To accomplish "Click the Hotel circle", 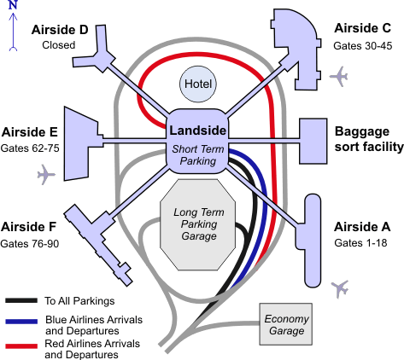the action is [x=198, y=84].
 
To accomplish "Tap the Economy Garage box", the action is [x=285, y=324].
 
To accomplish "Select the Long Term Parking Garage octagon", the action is [x=198, y=224].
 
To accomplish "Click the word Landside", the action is [x=198, y=131].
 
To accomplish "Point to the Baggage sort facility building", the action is [x=313, y=142].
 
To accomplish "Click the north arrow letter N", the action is [x=13, y=5].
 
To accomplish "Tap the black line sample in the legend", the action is [x=21, y=300].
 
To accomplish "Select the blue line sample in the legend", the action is [x=21, y=322].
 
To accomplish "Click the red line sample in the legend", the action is [x=21, y=345].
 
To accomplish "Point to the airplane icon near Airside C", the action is [x=339, y=76].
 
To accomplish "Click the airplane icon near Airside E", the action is [x=46, y=174].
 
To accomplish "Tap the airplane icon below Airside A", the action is [x=340, y=288].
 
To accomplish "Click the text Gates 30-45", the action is [x=363, y=46].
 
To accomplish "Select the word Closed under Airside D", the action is [x=59, y=45].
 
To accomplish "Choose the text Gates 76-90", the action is [x=30, y=244].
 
